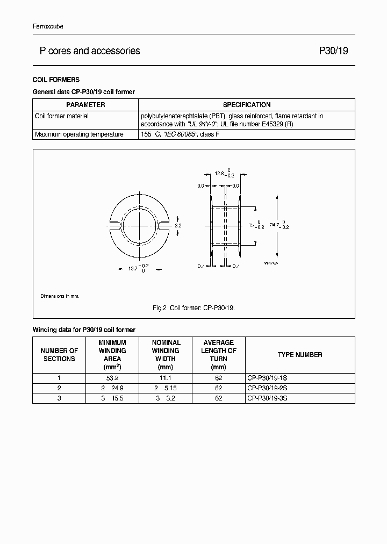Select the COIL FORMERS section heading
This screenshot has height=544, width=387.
[56, 80]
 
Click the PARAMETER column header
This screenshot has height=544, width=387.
[85, 105]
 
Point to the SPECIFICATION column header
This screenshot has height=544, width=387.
[247, 105]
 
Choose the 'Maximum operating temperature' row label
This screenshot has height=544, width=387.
[79, 134]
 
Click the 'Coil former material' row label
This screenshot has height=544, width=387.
[62, 116]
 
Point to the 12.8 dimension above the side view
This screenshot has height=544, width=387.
[219, 174]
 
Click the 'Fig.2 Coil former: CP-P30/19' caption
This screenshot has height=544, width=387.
[193, 308]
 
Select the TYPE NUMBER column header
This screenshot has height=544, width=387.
[300, 355]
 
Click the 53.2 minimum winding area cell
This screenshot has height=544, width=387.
[112, 378]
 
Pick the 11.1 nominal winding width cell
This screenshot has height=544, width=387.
[166, 378]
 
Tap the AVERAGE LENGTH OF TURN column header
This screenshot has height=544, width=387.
[219, 355]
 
